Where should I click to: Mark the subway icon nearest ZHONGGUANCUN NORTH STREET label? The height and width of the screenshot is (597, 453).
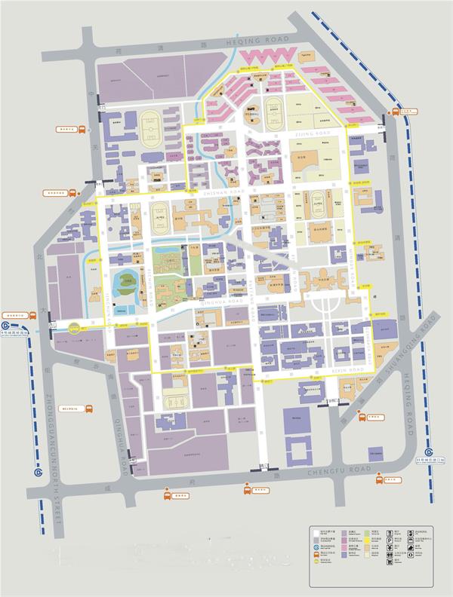click(38, 473)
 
